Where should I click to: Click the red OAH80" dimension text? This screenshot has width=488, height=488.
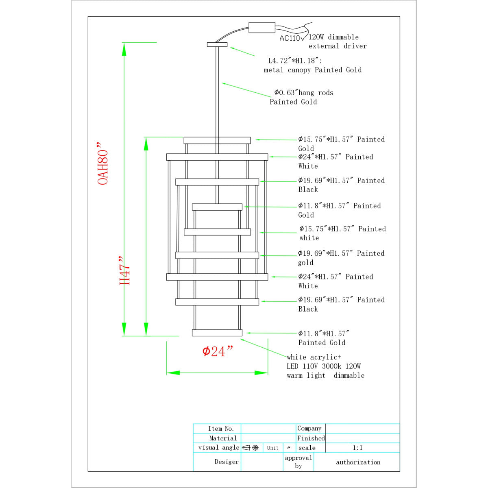(x=102, y=163)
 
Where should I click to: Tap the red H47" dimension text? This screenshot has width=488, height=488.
(x=124, y=270)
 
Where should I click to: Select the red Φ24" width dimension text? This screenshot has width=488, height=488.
(x=217, y=351)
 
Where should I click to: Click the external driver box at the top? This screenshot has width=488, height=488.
(x=262, y=28)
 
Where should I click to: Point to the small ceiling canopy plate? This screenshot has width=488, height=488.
(x=217, y=45)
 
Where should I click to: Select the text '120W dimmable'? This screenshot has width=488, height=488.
(x=333, y=37)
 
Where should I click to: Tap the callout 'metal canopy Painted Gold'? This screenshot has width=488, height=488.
(x=312, y=70)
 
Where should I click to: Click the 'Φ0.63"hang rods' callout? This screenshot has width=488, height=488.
(x=304, y=93)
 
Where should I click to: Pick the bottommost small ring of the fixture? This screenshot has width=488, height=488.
(x=217, y=333)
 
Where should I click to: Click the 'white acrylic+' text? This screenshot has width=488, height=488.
(x=314, y=357)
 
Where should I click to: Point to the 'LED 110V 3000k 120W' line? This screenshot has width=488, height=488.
(x=324, y=366)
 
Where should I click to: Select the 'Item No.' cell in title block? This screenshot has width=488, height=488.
(x=221, y=429)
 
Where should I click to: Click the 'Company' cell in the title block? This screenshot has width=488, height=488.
(x=309, y=428)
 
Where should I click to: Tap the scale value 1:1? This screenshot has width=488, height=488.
(x=357, y=448)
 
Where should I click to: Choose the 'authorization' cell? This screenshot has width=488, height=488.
(x=358, y=462)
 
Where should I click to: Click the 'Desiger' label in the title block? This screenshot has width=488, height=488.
(x=227, y=462)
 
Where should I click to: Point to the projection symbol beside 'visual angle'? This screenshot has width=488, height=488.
(x=251, y=448)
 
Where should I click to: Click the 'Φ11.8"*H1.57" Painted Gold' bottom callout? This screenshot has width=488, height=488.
(x=324, y=338)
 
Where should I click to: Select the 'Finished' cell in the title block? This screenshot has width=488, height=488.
(x=311, y=438)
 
